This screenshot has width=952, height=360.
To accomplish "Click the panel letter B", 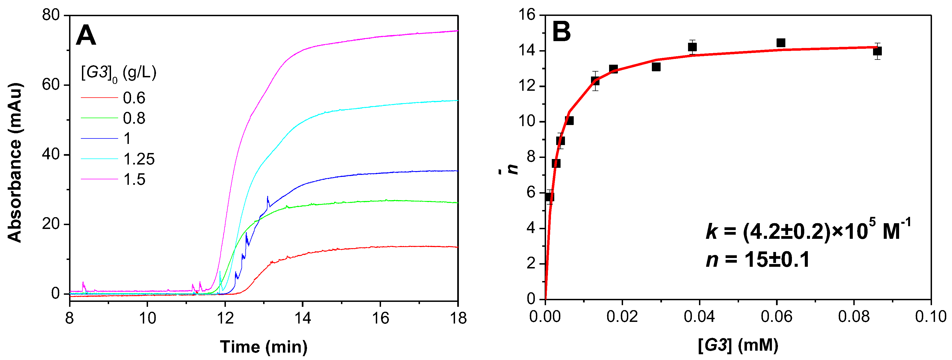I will click(x=561, y=32).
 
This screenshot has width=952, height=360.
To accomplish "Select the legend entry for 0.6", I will click(x=134, y=98).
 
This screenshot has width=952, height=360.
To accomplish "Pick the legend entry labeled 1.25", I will click(x=139, y=159).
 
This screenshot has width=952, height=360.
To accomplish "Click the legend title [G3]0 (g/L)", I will click(x=118, y=73).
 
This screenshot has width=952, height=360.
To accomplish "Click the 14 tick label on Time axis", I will click(x=302, y=318).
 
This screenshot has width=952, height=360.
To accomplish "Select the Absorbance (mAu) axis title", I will click(x=15, y=163).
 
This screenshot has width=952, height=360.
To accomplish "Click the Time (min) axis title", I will click(x=263, y=347).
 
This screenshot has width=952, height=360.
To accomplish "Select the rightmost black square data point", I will click(x=877, y=51).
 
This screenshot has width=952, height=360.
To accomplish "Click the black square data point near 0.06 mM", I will click(x=780, y=43).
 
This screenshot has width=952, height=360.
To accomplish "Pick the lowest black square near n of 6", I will click(x=549, y=197).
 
